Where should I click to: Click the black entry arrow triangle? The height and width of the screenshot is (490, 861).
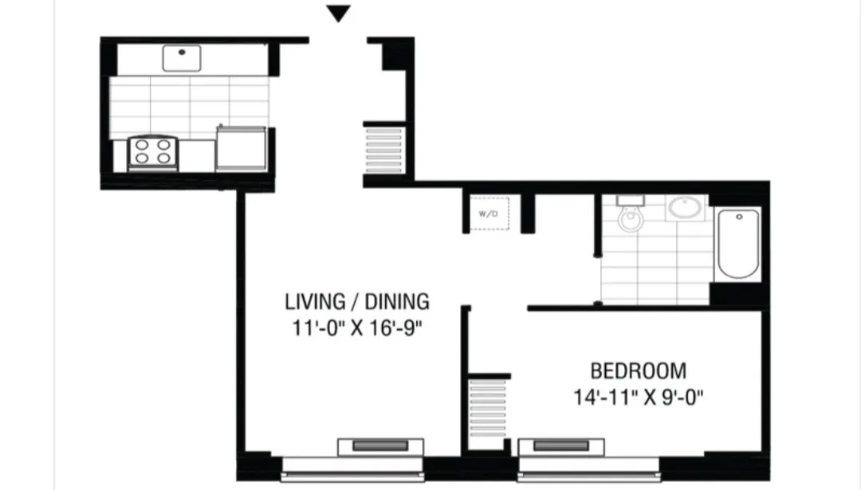coord(340,14)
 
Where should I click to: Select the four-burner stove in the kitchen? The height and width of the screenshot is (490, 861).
coord(152,152)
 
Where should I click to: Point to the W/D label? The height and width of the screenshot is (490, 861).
coord(487,214)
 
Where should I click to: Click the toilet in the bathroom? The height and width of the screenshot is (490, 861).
coord(630,216)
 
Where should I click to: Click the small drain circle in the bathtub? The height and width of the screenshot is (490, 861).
coord(739,217)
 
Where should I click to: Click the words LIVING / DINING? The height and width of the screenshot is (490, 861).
coord(357,302)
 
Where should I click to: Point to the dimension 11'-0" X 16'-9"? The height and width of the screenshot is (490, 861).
coord(357,328)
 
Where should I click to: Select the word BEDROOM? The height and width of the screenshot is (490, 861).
coord(638,370)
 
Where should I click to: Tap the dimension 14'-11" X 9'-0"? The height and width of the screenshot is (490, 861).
coord(638,397)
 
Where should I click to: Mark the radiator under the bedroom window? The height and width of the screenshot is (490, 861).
coord(560,445)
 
